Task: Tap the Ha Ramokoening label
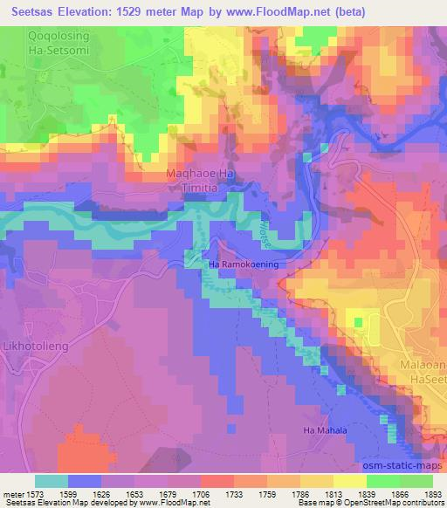(241, 263)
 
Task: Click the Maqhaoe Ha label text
(202, 175)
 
